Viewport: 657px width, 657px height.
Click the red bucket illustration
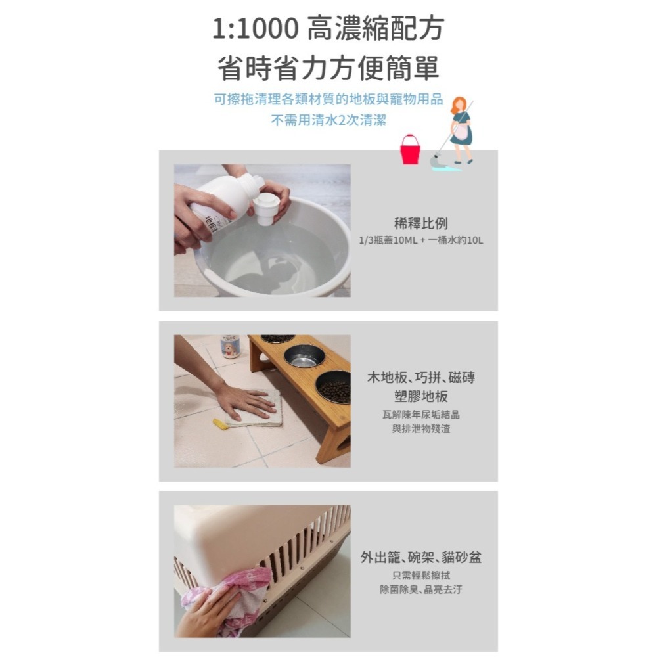click(x=410, y=150)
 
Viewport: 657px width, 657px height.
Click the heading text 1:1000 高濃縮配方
click(x=328, y=29)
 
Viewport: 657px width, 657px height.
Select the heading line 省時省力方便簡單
click(x=328, y=68)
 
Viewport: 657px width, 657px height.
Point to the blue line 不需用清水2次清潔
click(x=328, y=121)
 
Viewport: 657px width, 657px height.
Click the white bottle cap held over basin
click(x=266, y=208)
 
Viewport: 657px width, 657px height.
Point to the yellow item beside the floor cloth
click(x=221, y=424)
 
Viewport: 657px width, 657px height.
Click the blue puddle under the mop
click(x=447, y=168)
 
